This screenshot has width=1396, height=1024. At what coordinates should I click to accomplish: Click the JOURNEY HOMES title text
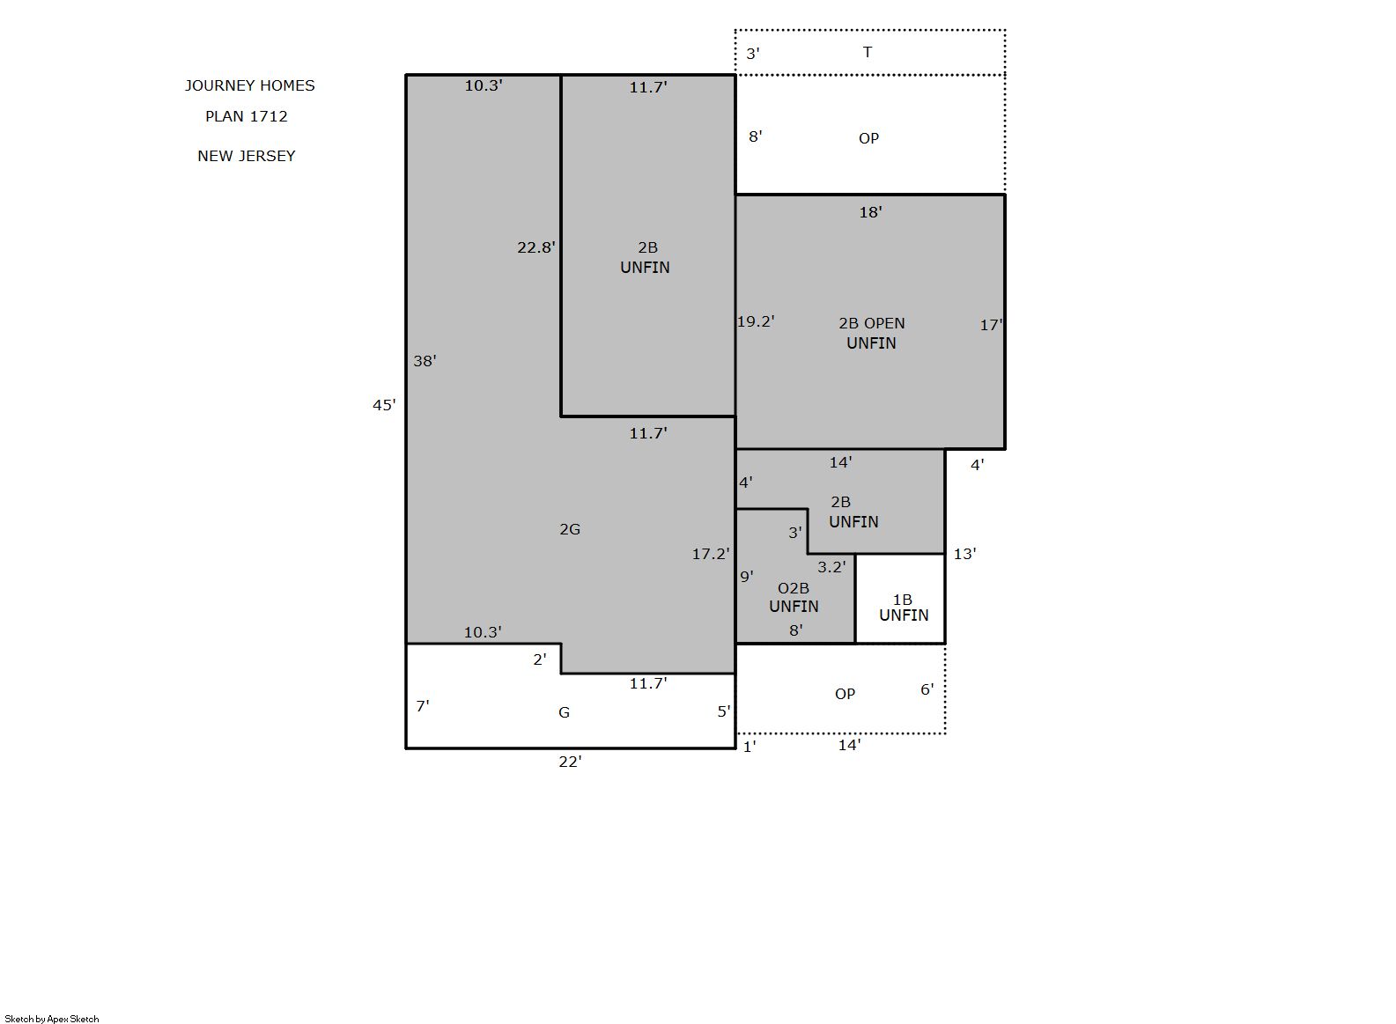(249, 85)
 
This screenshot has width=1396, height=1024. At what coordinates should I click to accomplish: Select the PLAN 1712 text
(246, 116)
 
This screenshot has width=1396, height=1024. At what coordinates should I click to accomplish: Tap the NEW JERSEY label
(246, 156)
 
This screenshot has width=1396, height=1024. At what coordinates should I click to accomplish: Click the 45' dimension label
(384, 405)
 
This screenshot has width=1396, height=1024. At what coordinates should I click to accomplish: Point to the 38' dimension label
(425, 361)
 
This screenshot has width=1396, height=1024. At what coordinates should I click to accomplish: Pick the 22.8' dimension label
(536, 247)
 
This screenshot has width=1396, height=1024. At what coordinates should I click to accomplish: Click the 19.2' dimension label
(756, 321)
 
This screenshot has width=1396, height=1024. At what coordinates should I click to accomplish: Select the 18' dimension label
(871, 212)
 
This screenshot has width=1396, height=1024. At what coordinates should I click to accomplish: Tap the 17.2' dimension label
(711, 554)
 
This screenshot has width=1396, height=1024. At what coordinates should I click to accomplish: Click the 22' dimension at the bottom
(570, 762)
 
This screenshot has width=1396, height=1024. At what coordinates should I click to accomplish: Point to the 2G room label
(570, 529)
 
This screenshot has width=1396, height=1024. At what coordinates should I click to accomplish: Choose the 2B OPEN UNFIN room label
(871, 333)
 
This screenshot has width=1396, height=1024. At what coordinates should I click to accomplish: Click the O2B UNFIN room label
(794, 597)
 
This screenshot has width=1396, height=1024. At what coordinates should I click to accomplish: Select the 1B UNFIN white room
(900, 600)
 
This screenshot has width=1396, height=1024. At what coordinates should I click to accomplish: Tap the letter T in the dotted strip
(867, 52)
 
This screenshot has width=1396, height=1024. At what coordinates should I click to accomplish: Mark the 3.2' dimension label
(831, 567)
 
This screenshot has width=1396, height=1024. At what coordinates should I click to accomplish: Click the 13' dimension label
(964, 554)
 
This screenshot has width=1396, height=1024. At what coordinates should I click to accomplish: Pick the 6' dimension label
(927, 689)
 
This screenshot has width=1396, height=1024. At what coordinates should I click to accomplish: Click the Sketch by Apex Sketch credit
(52, 1019)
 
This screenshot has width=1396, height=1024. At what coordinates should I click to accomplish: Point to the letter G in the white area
(564, 712)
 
